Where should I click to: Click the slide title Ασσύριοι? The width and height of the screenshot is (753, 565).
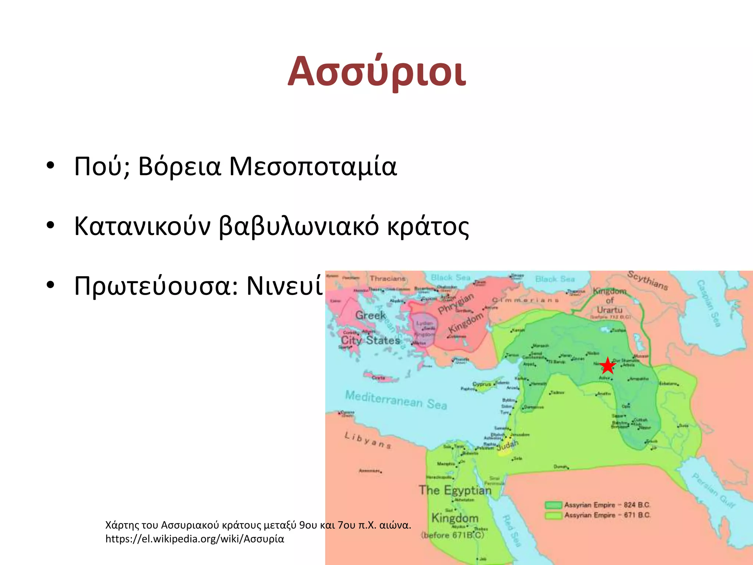point(376,72)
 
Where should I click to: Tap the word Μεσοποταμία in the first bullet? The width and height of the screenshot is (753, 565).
point(313,167)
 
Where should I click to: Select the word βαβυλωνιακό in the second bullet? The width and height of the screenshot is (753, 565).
point(299,227)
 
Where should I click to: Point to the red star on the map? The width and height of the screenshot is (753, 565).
point(608,366)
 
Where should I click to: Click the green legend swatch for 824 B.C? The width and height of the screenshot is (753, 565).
point(553,505)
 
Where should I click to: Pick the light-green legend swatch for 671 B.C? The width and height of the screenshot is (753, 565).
point(553,515)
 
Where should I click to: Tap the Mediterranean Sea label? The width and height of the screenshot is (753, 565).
point(396,400)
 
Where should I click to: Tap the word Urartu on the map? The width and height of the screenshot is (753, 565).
point(609,310)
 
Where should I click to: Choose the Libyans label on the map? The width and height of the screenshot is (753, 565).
point(368,440)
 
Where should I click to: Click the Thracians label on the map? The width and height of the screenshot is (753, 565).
point(388,278)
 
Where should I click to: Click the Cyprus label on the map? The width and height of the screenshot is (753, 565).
point(482,384)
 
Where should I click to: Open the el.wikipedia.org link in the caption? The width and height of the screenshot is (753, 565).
point(195,539)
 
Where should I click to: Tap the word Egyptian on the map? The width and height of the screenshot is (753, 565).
point(467,490)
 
